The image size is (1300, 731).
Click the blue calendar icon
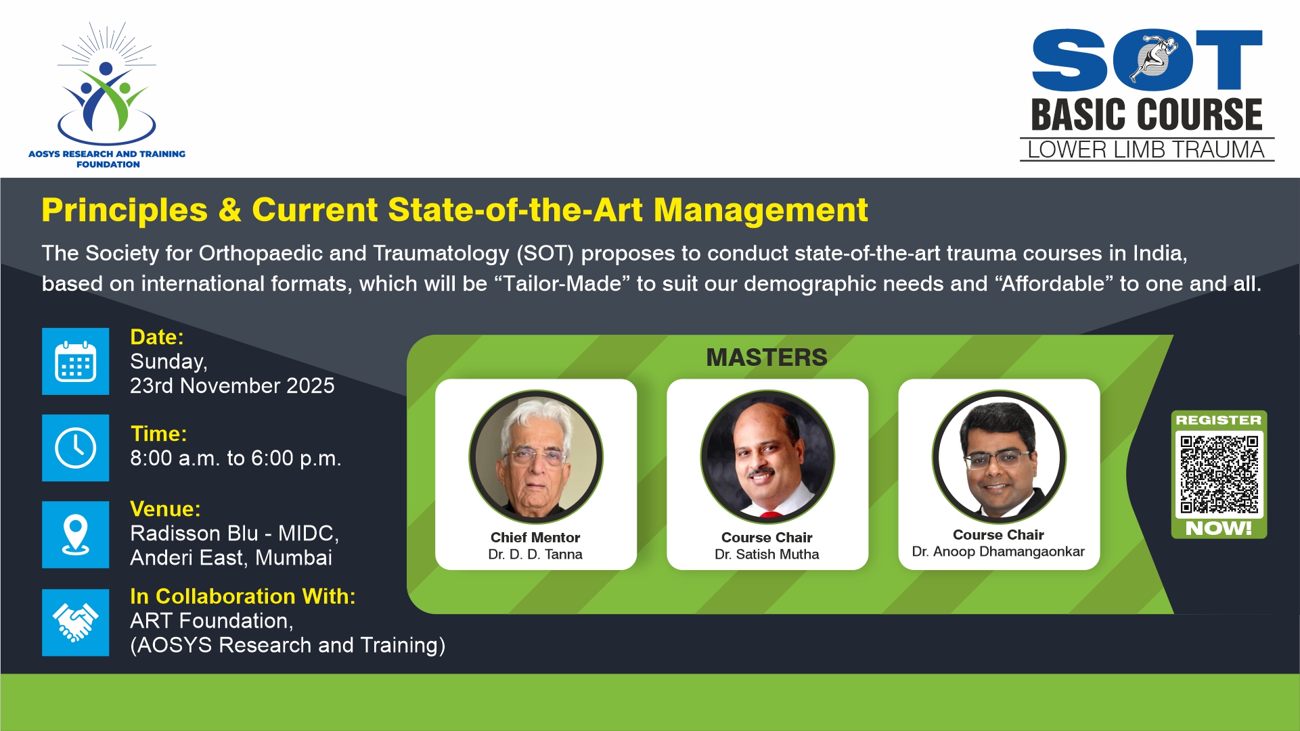coord(75,362)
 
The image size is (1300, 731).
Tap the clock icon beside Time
coord(75,448)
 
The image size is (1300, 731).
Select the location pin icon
coord(75,534)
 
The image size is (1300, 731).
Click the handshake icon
coord(75,622)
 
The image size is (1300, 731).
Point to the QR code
coord(1219,474)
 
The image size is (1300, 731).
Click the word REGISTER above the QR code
coord(1218,420)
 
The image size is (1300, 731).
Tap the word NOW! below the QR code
coord(1218,528)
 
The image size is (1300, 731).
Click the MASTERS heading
coord(767,357)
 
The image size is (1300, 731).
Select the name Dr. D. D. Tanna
coord(535,555)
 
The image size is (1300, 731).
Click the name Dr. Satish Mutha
coord(767,555)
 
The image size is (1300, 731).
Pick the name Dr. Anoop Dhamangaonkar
coord(998,552)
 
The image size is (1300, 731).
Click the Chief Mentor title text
coord(535,538)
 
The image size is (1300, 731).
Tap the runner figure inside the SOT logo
coord(1155,59)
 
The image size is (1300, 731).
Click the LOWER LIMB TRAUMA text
coord(1146,149)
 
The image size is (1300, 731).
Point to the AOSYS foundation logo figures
coord(106,95)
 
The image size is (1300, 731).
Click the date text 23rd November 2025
coord(232,385)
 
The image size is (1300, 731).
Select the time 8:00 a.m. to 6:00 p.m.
coord(236,458)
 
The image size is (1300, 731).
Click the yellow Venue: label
coord(165,509)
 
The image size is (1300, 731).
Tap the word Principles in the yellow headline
coord(125,210)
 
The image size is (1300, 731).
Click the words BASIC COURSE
coord(1146,114)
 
